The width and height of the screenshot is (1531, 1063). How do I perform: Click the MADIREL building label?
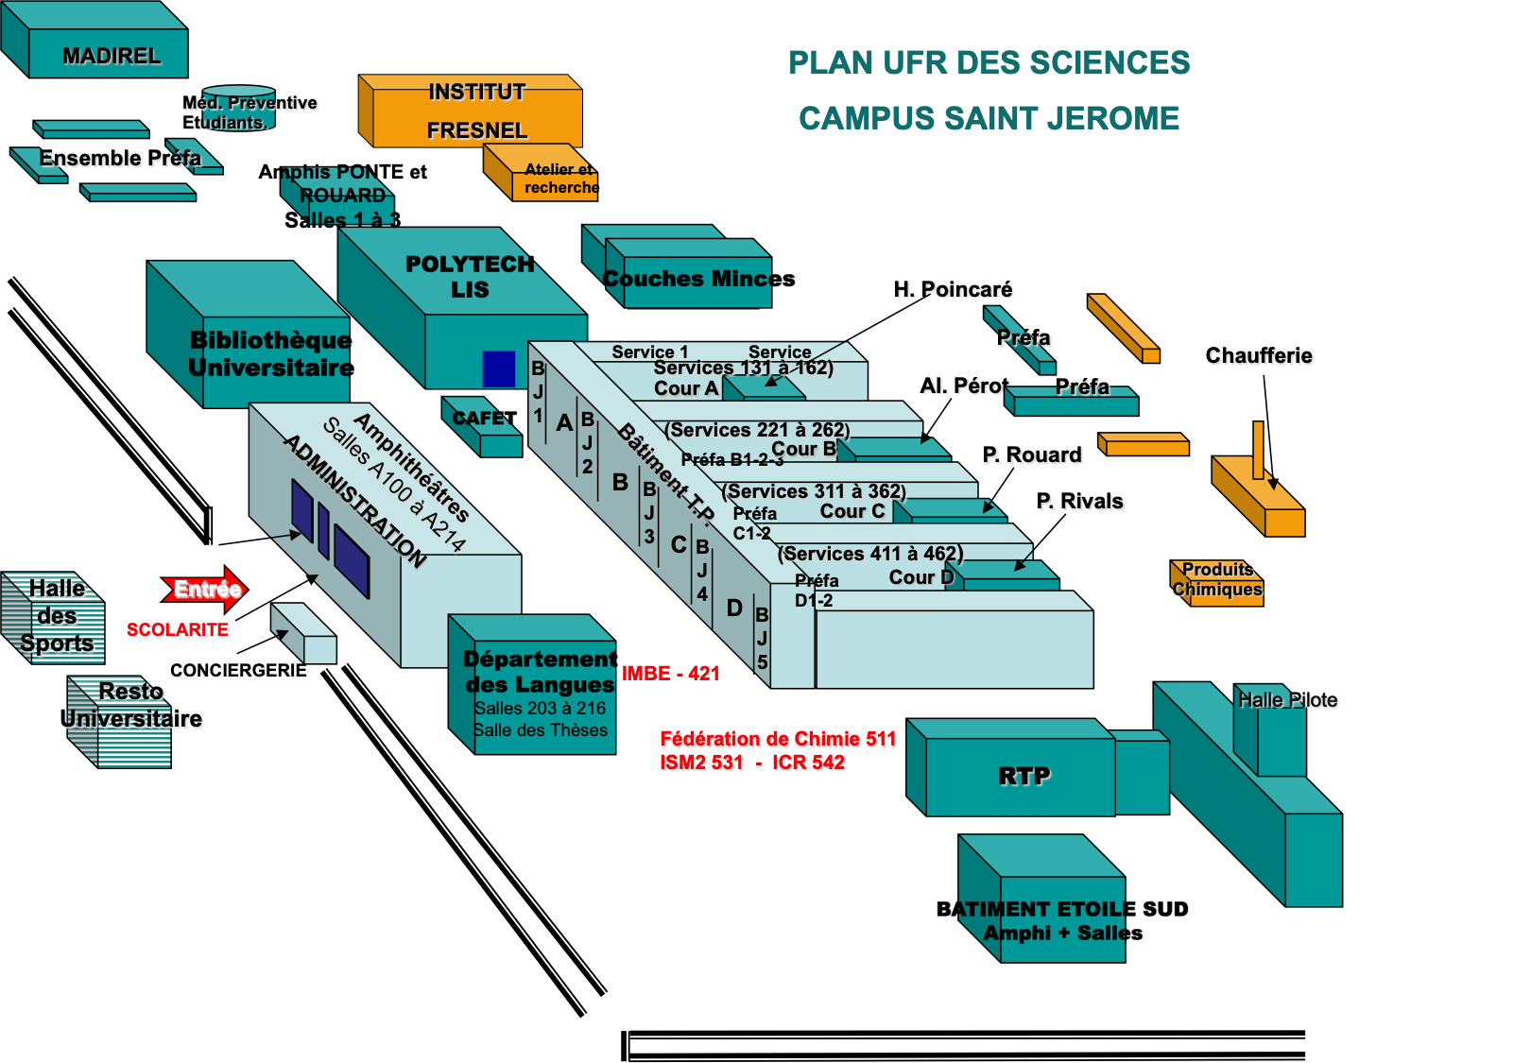coord(112,56)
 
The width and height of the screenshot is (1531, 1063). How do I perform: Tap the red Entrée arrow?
coord(206,590)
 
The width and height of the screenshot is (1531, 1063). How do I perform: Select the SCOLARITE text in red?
coord(178,630)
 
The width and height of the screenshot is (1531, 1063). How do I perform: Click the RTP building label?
coord(1024,776)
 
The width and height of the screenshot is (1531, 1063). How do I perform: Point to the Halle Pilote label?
coord(1288,700)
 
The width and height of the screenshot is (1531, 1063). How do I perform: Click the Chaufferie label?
coord(1260,356)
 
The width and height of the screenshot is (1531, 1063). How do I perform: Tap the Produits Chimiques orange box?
coord(1218,581)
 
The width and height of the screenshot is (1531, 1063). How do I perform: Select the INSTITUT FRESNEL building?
coord(476,111)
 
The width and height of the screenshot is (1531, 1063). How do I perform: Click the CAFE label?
coord(477,418)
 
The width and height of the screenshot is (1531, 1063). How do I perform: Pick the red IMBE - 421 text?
coord(671,673)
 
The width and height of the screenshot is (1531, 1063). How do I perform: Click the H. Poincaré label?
coord(954,289)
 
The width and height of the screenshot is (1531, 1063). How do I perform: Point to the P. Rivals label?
coord(1081,502)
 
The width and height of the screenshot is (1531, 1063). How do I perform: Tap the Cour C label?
coord(852,511)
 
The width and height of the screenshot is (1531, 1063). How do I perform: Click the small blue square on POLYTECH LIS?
coord(499,369)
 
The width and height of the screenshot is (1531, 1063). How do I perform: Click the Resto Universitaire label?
coord(132,706)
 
